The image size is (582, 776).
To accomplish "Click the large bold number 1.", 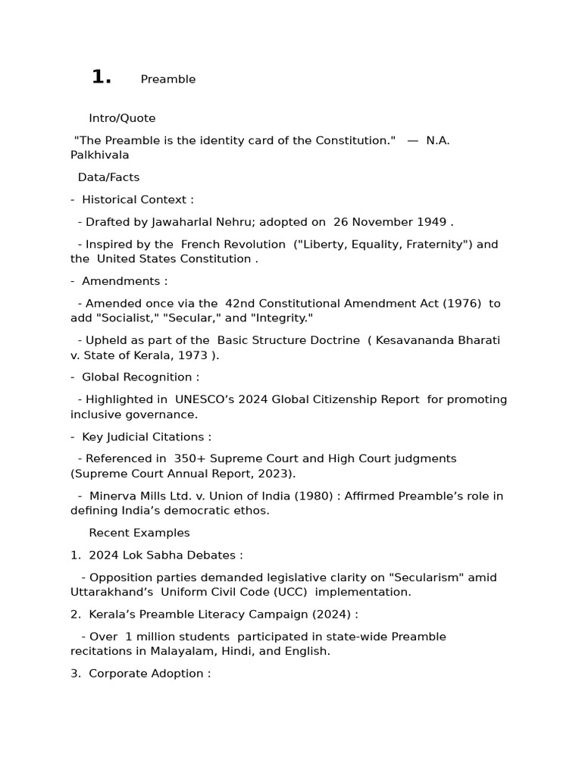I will [x=101, y=77].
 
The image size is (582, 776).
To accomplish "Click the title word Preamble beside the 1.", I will [x=167, y=80].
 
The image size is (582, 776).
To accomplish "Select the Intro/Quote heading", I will [x=122, y=118].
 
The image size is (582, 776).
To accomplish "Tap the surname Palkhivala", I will [x=100, y=155].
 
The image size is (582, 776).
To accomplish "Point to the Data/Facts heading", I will [x=108, y=177].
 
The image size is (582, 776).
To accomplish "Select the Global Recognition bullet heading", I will [x=140, y=377].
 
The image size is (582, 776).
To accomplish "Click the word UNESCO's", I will [x=205, y=399].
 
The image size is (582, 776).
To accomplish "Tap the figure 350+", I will [x=189, y=458].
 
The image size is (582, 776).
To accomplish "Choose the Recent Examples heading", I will [x=139, y=533].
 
